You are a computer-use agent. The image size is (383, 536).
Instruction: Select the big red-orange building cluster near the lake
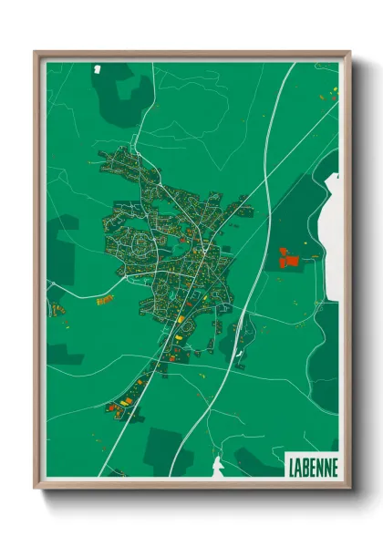tap(288, 259)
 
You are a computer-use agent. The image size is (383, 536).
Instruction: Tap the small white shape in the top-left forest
tap(98, 67)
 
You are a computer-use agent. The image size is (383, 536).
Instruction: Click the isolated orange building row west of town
tap(105, 299)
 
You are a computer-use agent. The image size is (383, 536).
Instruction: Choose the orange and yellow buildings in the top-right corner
tap(329, 92)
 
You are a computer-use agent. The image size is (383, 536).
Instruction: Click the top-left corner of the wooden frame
tap(36, 53)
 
